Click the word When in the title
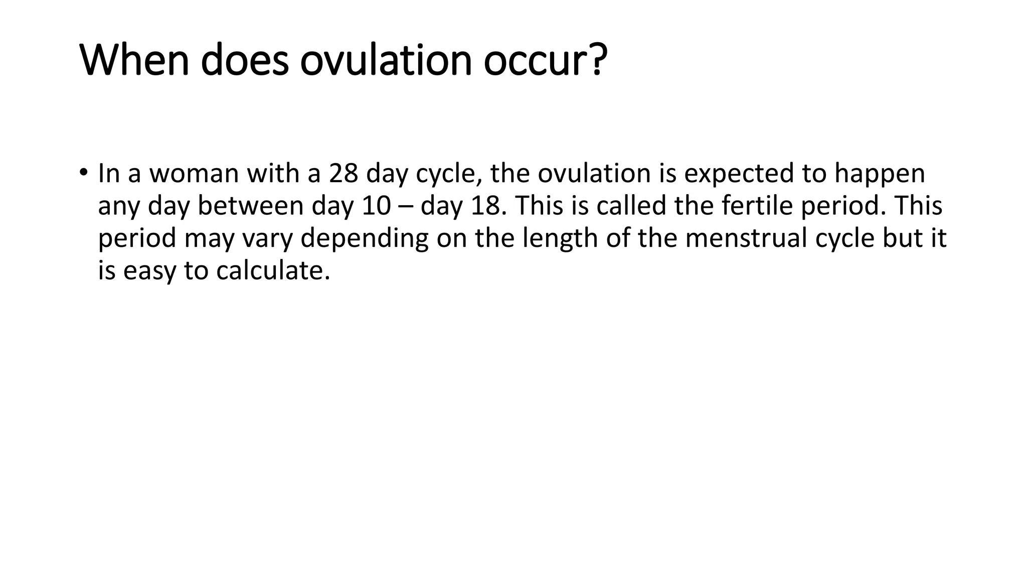pyautogui.click(x=134, y=61)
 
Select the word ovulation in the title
pyautogui.click(x=386, y=61)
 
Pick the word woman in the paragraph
pyautogui.click(x=194, y=174)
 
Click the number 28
pyautogui.click(x=344, y=174)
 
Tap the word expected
pyautogui.click(x=739, y=174)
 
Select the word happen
pyautogui.click(x=880, y=174)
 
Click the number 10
pyautogui.click(x=376, y=206)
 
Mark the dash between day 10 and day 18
pyautogui.click(x=405, y=206)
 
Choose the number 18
pyautogui.click(x=485, y=206)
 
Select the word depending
pyautogui.click(x=364, y=238)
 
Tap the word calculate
pyautogui.click(x=273, y=270)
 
